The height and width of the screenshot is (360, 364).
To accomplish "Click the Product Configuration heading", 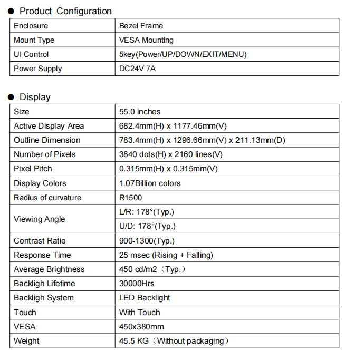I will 65,11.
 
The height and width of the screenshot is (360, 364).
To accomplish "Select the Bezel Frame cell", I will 141,26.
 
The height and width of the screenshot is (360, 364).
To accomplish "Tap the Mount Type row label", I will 34,40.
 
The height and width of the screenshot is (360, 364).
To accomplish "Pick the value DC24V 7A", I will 137,69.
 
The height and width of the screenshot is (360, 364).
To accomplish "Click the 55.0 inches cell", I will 140,112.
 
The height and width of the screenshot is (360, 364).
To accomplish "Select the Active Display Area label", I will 49,126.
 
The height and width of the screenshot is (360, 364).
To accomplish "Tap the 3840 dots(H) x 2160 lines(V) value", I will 171,154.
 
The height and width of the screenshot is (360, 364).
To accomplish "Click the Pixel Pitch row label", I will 33,169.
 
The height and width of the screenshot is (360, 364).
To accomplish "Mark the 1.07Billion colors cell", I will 150,183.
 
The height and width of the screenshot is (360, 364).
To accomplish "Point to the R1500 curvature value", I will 130,198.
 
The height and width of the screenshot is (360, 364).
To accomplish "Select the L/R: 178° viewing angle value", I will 146,212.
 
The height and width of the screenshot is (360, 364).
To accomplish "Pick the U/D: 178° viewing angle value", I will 147,226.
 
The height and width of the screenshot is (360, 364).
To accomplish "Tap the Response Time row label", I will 42,255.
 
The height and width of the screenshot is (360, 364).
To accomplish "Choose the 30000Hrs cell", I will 137,284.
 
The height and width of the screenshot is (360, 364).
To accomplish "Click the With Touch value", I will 139,313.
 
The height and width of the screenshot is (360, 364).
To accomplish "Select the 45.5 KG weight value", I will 174,341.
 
